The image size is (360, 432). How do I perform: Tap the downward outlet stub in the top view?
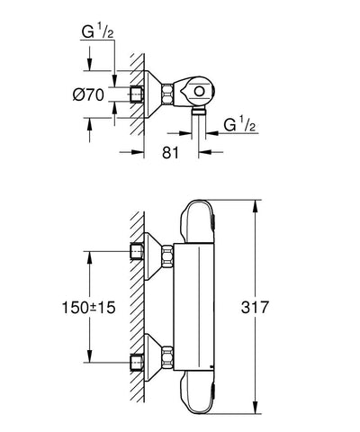point(200,112)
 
